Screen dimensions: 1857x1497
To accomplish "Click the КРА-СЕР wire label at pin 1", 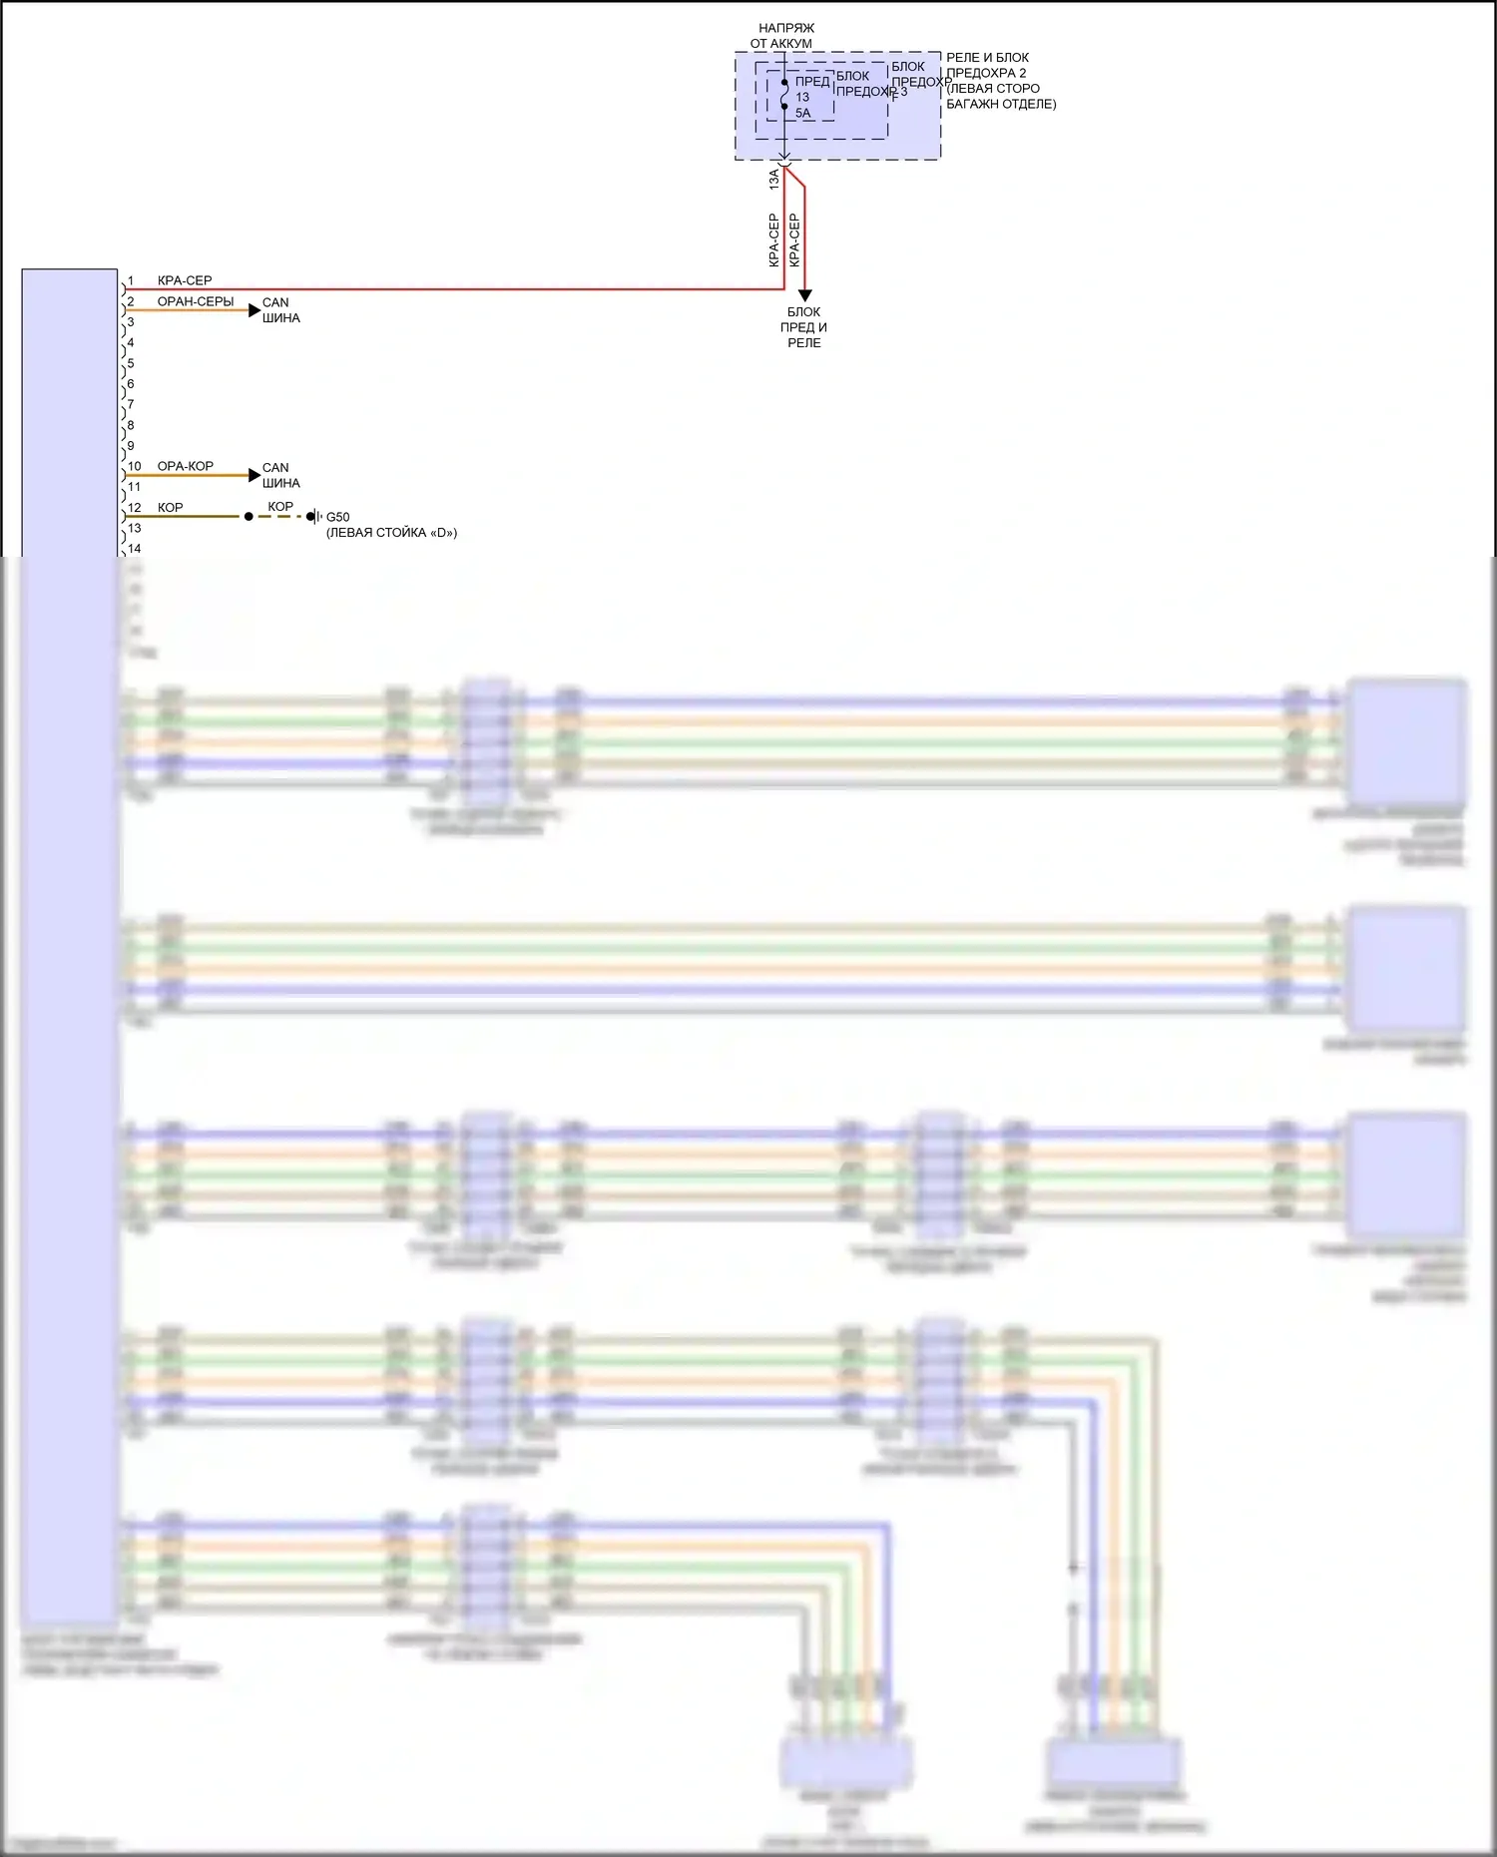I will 185,281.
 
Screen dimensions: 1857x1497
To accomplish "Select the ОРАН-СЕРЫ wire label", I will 196,301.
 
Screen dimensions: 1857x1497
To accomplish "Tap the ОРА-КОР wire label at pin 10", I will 186,466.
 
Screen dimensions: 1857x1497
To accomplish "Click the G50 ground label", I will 338,517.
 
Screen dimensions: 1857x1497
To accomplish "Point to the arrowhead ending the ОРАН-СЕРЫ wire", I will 254,310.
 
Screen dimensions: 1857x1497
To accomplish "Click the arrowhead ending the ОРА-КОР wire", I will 254,475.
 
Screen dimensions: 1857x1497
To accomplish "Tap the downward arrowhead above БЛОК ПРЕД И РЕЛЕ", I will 804,295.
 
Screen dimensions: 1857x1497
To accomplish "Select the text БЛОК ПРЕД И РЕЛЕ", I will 804,327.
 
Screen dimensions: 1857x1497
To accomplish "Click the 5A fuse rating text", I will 803,113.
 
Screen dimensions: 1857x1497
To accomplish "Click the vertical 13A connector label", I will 774,180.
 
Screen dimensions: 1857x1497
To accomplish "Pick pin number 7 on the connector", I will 131,404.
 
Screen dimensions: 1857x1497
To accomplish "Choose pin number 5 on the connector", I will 131,363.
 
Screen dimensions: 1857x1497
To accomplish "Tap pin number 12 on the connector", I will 135,508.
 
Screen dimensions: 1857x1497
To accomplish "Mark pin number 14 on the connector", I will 135,549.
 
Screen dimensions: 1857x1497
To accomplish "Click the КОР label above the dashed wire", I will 280,507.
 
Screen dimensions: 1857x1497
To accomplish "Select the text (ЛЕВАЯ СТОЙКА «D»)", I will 391,533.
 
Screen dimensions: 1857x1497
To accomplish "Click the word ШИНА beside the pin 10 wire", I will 281,483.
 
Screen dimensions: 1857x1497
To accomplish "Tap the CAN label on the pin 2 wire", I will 275,302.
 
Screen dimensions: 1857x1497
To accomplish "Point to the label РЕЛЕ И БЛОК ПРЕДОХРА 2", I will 987,65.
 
